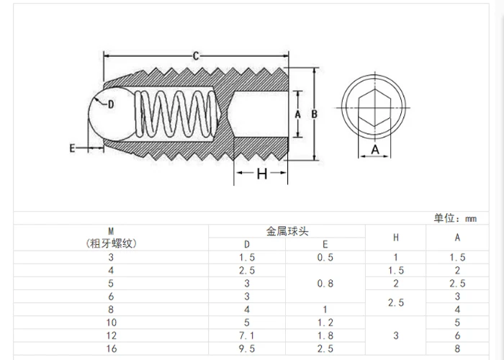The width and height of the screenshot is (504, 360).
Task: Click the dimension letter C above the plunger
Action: (196, 55)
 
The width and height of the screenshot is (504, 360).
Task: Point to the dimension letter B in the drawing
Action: (315, 114)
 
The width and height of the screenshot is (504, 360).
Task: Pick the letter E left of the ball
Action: (72, 148)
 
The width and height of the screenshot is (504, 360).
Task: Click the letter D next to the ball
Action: (111, 104)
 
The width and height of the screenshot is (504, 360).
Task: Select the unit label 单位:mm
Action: (455, 218)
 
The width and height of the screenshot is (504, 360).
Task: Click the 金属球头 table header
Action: (287, 231)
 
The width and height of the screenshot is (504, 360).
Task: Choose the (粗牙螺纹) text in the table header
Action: (111, 243)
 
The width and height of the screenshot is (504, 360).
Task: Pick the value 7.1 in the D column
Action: (247, 335)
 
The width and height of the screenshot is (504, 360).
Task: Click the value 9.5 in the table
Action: (247, 348)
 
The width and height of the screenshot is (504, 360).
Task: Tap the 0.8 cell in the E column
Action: (325, 283)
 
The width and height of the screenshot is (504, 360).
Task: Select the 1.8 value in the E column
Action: (325, 335)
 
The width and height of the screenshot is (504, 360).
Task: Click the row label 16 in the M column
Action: (111, 348)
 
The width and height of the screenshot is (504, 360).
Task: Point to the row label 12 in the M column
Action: (111, 335)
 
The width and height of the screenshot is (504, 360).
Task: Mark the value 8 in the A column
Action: (458, 348)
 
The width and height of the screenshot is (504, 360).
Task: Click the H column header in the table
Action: (395, 238)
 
